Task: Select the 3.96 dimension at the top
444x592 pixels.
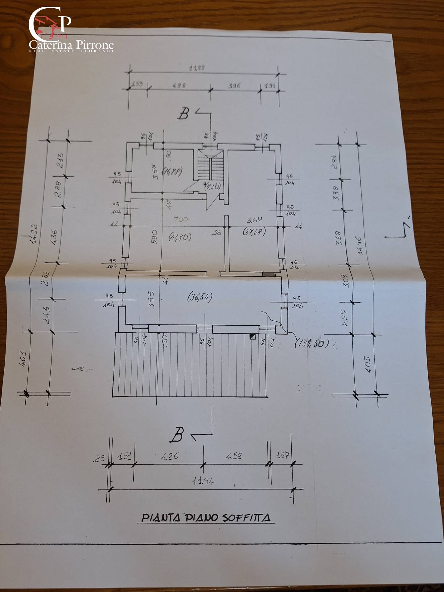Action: coord(234,85)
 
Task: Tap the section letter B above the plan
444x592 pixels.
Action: coord(184,114)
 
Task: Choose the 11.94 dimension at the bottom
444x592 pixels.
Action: coord(203,480)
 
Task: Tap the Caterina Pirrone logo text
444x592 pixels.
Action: coord(72,46)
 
